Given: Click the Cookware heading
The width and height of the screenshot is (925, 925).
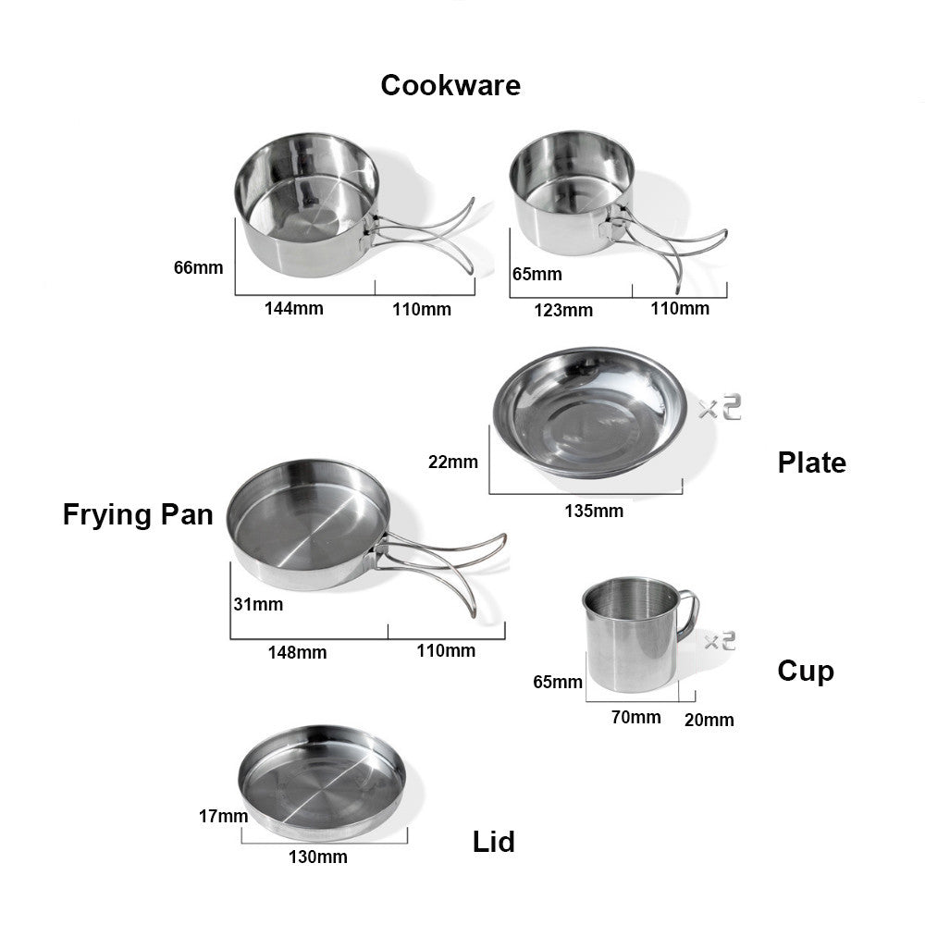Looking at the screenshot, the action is click(x=450, y=85).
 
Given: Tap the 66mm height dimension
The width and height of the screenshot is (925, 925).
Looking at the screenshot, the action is click(x=198, y=268).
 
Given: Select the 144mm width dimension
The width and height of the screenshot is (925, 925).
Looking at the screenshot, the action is click(x=294, y=309).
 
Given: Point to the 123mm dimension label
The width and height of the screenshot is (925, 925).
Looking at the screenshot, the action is click(x=563, y=310).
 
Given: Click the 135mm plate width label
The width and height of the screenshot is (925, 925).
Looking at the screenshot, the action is click(x=594, y=511).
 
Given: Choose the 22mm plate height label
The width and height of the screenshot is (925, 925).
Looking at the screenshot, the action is click(x=453, y=462).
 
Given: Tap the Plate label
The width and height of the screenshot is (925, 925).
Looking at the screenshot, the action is click(x=812, y=462).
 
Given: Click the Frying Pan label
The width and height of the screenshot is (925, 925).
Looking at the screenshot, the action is click(x=138, y=514).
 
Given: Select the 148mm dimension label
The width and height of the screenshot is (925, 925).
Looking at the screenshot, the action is click(x=297, y=652).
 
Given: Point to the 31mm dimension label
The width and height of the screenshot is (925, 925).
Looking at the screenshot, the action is click(x=258, y=604).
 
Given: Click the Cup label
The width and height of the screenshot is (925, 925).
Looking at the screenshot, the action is click(x=806, y=672).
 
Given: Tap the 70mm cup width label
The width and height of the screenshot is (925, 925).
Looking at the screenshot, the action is click(x=636, y=718).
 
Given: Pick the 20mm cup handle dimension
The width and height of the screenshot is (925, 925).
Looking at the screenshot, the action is click(x=709, y=720).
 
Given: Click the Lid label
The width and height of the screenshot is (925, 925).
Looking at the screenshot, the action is click(x=494, y=842).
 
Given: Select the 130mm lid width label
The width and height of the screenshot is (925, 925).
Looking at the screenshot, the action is click(x=318, y=857).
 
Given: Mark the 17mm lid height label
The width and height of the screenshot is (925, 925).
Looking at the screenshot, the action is click(x=223, y=817).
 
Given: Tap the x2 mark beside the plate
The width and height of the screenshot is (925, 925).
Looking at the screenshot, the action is click(x=720, y=408).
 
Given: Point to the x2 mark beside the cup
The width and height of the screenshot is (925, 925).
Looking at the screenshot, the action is click(x=721, y=641).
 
